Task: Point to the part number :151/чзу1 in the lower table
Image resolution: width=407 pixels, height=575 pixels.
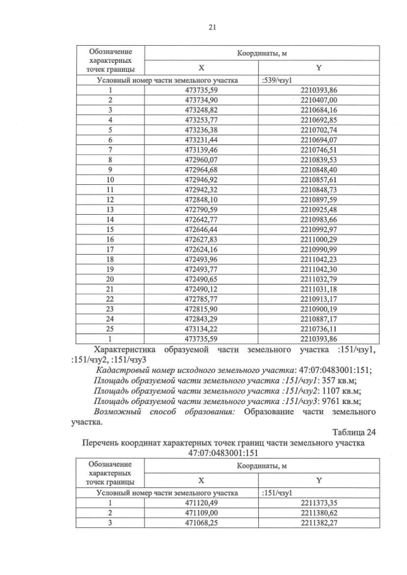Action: click(x=277, y=492)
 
